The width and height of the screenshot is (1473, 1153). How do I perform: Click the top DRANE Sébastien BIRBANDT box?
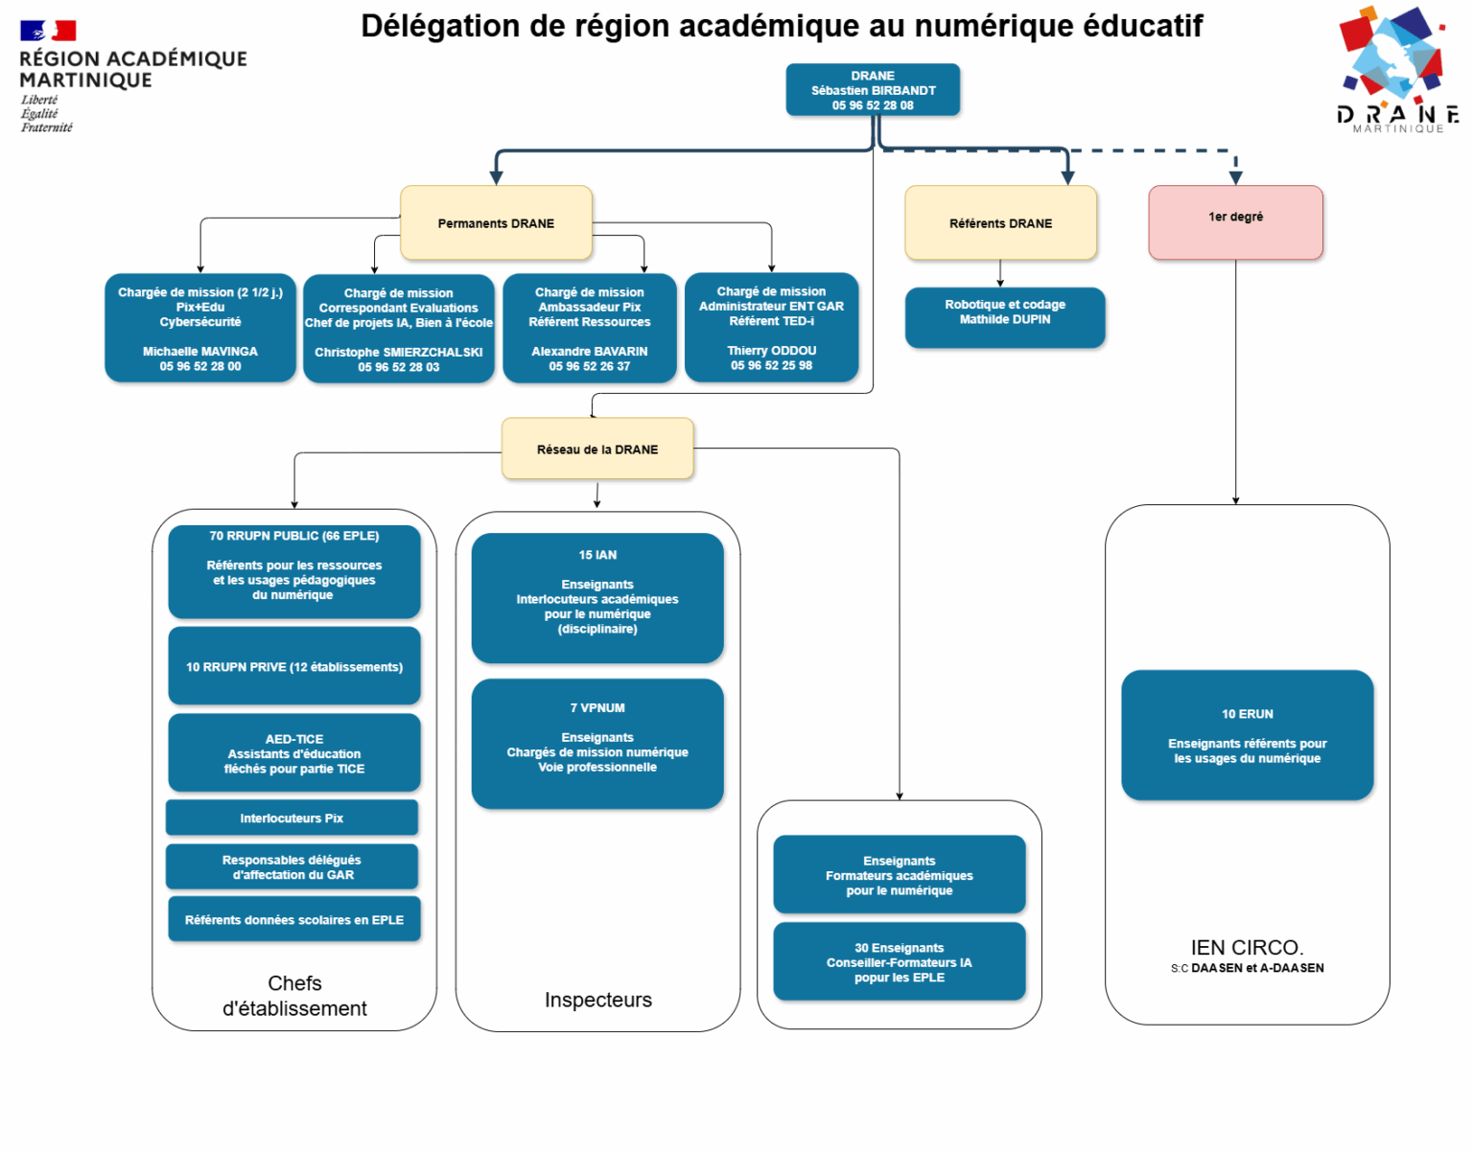click(x=873, y=90)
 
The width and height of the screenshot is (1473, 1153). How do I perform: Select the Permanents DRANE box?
click(x=496, y=223)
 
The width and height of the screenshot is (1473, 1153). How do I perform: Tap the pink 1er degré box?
click(x=1235, y=222)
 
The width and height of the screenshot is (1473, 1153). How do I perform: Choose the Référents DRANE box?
click(x=1000, y=223)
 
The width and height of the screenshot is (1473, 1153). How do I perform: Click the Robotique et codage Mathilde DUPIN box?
click(x=1004, y=317)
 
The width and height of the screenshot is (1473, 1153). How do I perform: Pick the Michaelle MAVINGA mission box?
click(x=200, y=329)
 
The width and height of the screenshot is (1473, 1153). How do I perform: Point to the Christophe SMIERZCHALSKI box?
click(x=399, y=329)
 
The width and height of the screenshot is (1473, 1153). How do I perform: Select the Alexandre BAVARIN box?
click(x=590, y=329)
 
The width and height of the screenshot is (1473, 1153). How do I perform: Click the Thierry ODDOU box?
click(x=771, y=328)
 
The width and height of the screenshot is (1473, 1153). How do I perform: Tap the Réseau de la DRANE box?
click(x=597, y=449)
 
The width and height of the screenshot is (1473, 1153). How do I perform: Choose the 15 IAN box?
click(x=597, y=598)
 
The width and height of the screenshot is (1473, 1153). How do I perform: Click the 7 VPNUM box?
click(x=597, y=744)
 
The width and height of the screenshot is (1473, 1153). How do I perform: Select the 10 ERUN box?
click(x=1247, y=735)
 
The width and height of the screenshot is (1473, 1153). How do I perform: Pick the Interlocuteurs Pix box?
click(x=292, y=818)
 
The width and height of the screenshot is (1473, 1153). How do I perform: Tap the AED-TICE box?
click(x=294, y=753)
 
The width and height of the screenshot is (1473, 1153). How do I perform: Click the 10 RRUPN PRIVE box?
click(x=294, y=666)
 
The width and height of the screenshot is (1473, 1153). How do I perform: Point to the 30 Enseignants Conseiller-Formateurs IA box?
click(x=899, y=962)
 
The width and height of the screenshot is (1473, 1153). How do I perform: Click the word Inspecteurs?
click(x=598, y=1000)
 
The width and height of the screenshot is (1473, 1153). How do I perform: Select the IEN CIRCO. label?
click(x=1247, y=948)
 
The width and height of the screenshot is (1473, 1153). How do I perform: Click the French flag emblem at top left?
click(x=48, y=31)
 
